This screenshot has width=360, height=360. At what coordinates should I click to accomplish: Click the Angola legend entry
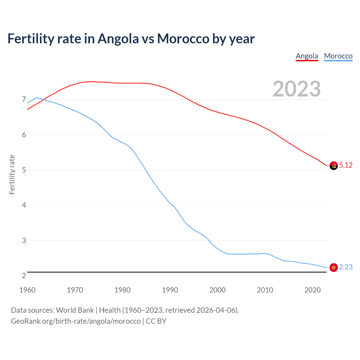pyautogui.click(x=307, y=56)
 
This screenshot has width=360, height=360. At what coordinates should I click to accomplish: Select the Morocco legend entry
pyautogui.click(x=338, y=56)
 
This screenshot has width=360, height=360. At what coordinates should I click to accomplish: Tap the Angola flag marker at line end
pyautogui.click(x=334, y=166)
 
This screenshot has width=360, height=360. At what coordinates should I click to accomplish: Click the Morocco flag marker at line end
pyautogui.click(x=334, y=267)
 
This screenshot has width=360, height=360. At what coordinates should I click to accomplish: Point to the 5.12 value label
pyautogui.click(x=346, y=165)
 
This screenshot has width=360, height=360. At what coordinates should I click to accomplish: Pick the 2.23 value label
pyautogui.click(x=346, y=267)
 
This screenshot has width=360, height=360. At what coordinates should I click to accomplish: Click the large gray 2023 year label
pyautogui.click(x=297, y=89)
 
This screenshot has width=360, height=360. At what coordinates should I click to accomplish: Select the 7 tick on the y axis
pyautogui.click(x=24, y=100)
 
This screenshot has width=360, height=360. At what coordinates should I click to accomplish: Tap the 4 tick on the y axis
pyautogui.click(x=24, y=205)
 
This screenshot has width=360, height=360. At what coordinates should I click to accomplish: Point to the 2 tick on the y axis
pyautogui.click(x=24, y=276)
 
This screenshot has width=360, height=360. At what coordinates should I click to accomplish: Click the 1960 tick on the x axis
pyautogui.click(x=27, y=290)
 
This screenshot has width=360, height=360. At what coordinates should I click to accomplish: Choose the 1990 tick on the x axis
pyautogui.click(x=170, y=290)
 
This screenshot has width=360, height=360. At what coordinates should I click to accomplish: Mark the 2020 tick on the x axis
pyautogui.click(x=312, y=290)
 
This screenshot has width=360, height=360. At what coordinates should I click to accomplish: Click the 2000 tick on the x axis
pyautogui.click(x=217, y=290)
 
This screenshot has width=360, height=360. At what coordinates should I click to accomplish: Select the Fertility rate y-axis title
pyautogui.click(x=12, y=174)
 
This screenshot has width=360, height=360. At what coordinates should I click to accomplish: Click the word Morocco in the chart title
pyautogui.click(x=183, y=39)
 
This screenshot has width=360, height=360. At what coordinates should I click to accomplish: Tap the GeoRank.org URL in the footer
pyautogui.click(x=76, y=321)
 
